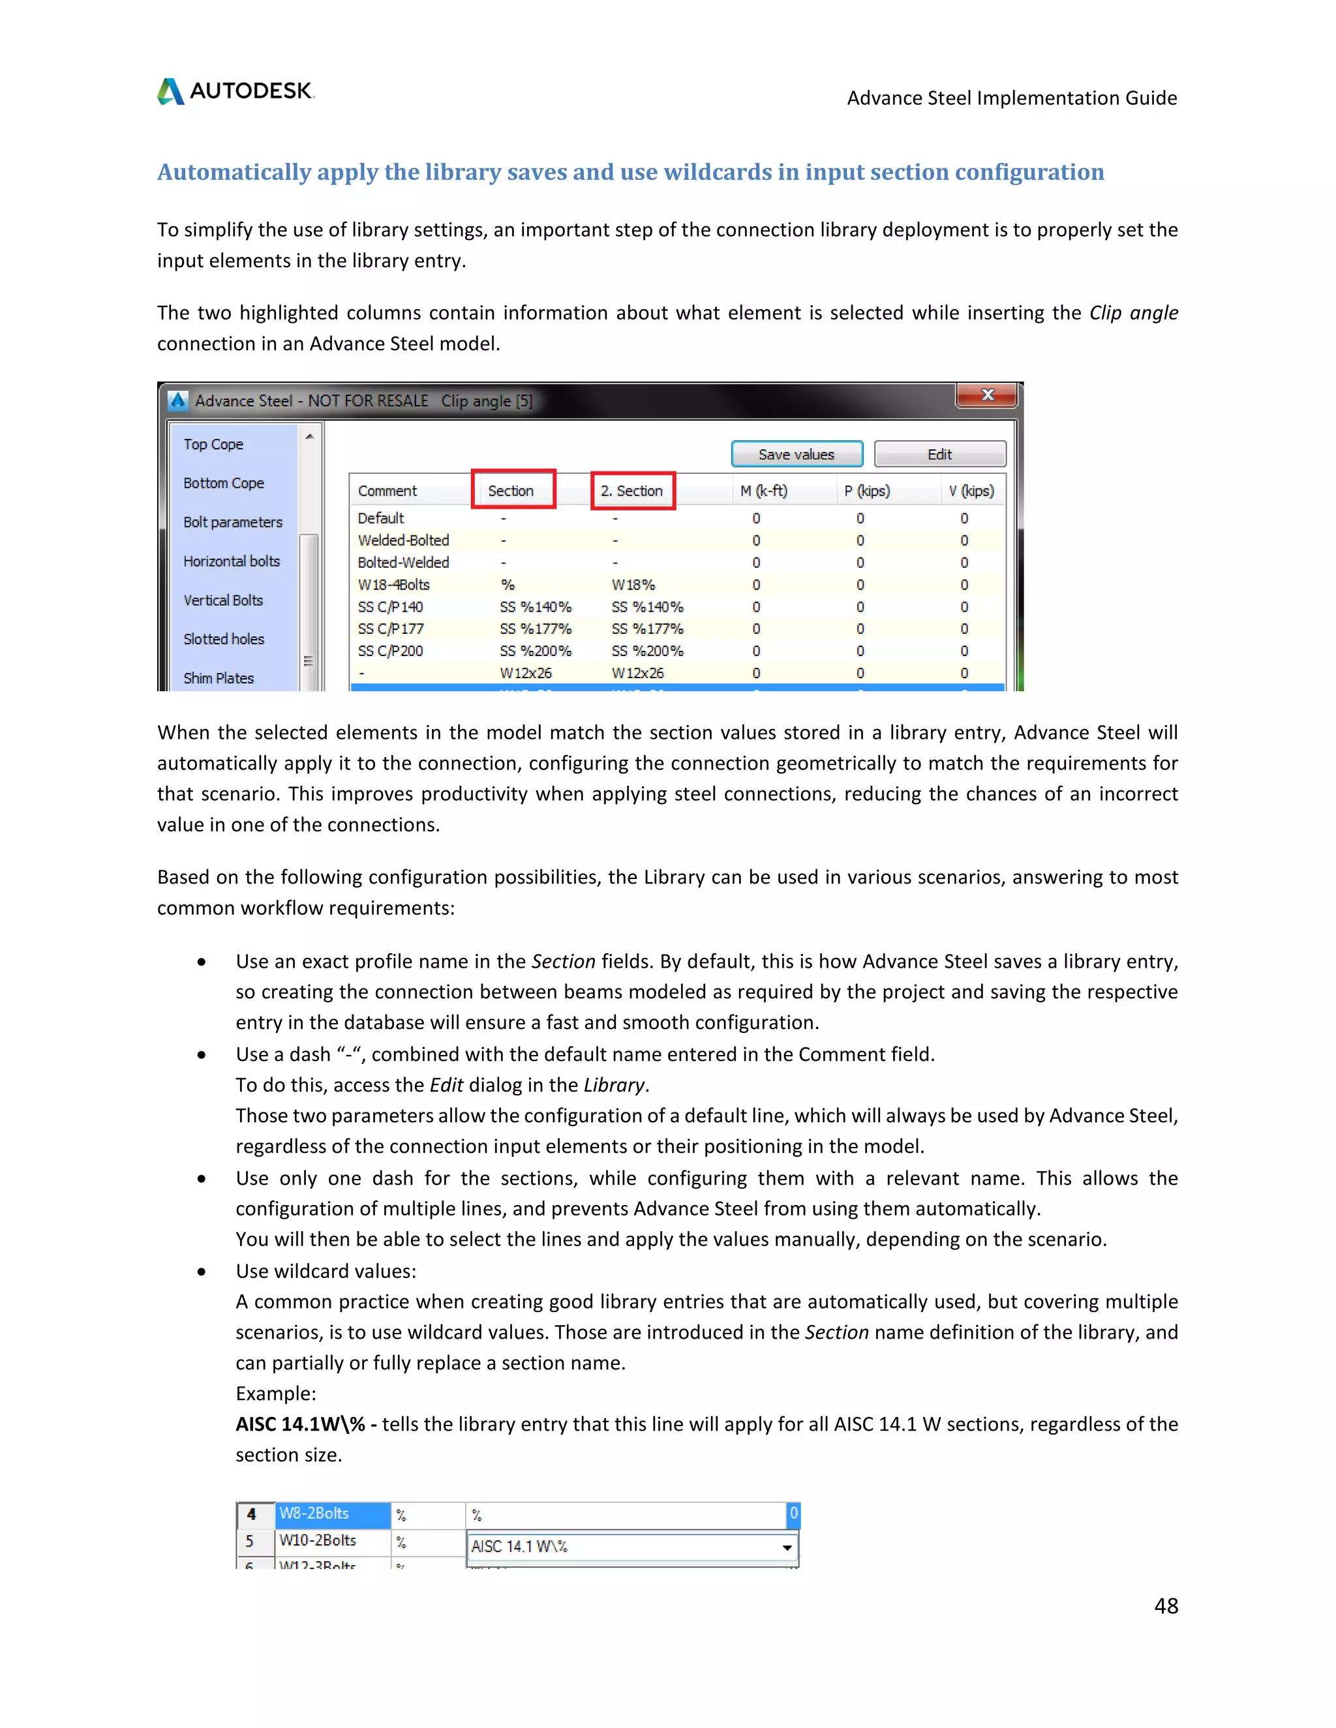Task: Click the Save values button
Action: click(x=797, y=454)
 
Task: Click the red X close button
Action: click(x=987, y=395)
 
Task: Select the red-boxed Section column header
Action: click(x=512, y=490)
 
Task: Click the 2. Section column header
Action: click(x=631, y=490)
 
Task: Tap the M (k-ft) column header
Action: click(x=763, y=490)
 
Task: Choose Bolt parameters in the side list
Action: click(x=233, y=522)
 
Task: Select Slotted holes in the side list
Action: click(x=224, y=639)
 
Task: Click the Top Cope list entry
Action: click(x=214, y=445)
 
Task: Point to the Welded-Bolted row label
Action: click(x=403, y=541)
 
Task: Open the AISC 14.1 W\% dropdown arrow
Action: click(x=787, y=1547)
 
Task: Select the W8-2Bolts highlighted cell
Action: click(x=333, y=1513)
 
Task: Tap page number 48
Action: click(x=1166, y=1605)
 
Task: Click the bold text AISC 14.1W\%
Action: click(x=300, y=1424)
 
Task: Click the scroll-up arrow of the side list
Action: click(x=309, y=437)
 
